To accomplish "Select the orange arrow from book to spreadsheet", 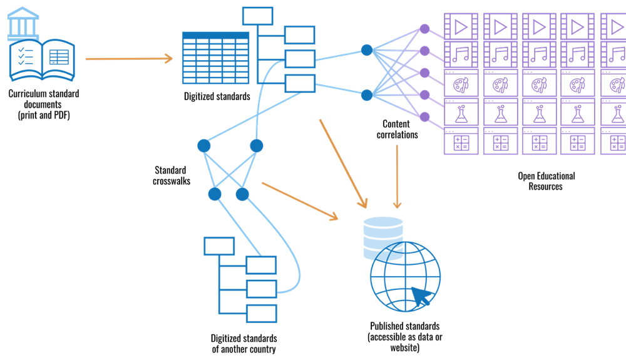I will [x=128, y=59].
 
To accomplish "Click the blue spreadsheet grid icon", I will [x=215, y=58].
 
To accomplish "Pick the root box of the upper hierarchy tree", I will [x=257, y=16].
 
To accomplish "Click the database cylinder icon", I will [x=383, y=237].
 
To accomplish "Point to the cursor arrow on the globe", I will [x=422, y=297].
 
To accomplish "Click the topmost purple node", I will [x=425, y=28].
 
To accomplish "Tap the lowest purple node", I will [x=425, y=116].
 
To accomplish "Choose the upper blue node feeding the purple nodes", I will [x=367, y=49].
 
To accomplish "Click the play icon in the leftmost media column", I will [x=461, y=27].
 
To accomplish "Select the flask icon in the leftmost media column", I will [x=461, y=113].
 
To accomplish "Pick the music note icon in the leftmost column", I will [x=461, y=54].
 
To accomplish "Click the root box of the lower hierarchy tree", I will [x=218, y=246].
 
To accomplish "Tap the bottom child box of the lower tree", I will [x=261, y=313].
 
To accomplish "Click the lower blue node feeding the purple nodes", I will [x=367, y=95].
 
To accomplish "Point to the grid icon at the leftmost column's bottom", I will [x=461, y=142].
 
